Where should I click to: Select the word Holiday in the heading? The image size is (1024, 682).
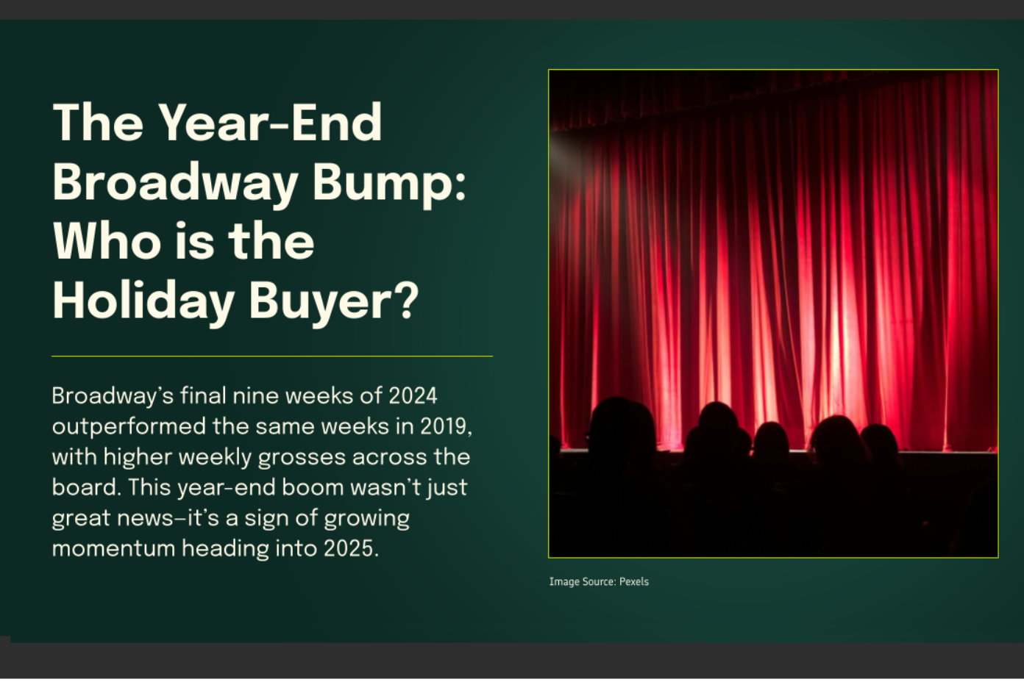pos(143,301)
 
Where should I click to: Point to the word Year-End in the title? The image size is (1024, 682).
pos(270,123)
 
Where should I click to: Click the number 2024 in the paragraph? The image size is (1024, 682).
pos(413,396)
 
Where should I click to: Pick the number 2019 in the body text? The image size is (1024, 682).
pos(444,426)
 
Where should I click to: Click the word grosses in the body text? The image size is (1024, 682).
pos(302,457)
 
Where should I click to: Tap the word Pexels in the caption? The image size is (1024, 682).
pos(633,581)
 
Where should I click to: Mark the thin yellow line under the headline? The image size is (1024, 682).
pos(271,356)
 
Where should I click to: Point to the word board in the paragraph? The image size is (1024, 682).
pos(85,487)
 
